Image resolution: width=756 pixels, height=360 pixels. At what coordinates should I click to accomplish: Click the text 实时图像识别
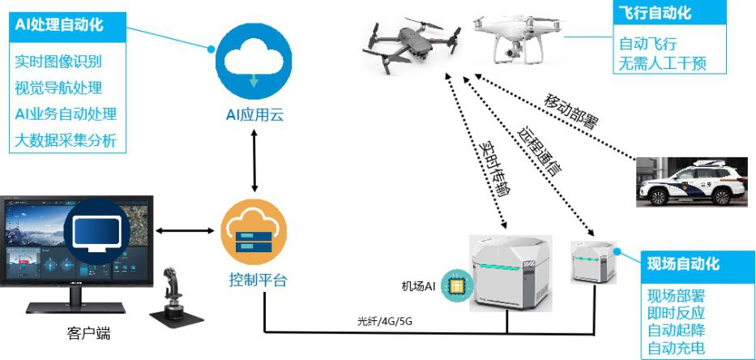pos(58,62)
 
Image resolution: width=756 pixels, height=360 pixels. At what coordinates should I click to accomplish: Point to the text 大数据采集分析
pos(66,140)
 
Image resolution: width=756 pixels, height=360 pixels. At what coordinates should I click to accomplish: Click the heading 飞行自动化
pos(655,14)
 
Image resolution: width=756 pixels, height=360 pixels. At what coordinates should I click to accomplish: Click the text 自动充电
pos(676,349)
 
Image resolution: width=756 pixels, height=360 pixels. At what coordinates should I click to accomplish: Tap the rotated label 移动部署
pos(572,111)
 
